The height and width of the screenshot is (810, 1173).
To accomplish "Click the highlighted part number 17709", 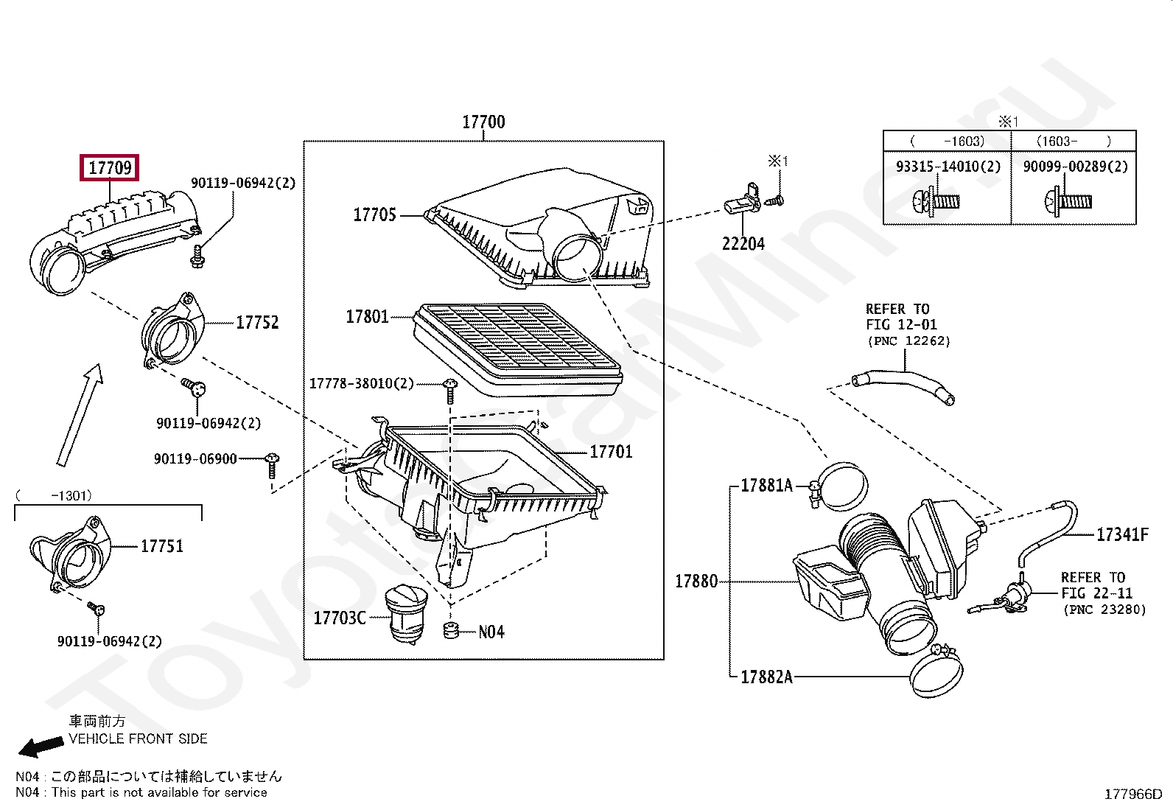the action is click(110, 167).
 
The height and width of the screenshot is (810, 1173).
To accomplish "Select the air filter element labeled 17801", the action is click(517, 349).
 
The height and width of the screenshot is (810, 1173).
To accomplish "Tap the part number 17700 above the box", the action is click(483, 122).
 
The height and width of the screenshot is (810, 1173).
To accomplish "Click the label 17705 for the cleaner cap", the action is click(374, 214).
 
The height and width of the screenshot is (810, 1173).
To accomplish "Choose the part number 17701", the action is click(611, 452).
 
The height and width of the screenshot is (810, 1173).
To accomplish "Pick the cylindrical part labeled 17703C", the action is click(406, 613).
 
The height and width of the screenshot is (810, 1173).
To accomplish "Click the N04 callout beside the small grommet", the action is click(491, 632).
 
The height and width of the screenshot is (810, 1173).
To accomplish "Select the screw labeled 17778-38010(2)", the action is click(450, 391).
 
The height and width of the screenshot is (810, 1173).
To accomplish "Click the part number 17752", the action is click(257, 322).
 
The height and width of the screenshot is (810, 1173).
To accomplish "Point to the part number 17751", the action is click(162, 546).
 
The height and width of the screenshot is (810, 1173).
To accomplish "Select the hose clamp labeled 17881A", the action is click(837, 486).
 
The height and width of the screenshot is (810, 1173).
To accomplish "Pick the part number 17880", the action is click(696, 581).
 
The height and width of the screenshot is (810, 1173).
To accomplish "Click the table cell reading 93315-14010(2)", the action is click(948, 167).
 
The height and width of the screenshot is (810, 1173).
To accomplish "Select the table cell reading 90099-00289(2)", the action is click(1076, 167).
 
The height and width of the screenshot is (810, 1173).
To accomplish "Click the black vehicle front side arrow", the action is click(41, 747).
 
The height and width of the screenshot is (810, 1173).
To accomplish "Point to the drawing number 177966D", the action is click(1133, 795).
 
